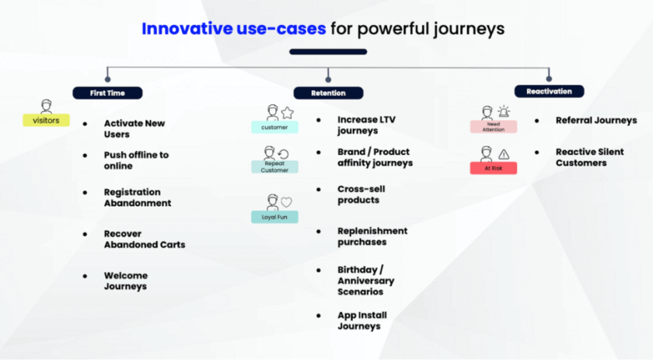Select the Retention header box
coord(329,93)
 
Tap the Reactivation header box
coord(549,91)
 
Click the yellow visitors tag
coord(46,121)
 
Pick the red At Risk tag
coord(493,168)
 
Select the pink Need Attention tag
coord(493,127)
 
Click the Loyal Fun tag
coord(274,217)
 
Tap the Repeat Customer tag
coord(274,166)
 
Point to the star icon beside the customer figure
coord(287,113)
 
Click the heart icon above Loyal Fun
coord(286,202)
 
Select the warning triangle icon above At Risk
coord(504,154)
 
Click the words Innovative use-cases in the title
coord(233,29)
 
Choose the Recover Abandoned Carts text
coord(144,239)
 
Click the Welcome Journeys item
coord(125,281)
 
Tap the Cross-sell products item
coord(361,194)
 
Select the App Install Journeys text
coord(361,320)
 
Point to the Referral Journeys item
coord(595,121)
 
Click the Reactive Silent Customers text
coord(589,157)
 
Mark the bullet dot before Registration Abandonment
coord(85,192)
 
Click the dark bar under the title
coord(327,52)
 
